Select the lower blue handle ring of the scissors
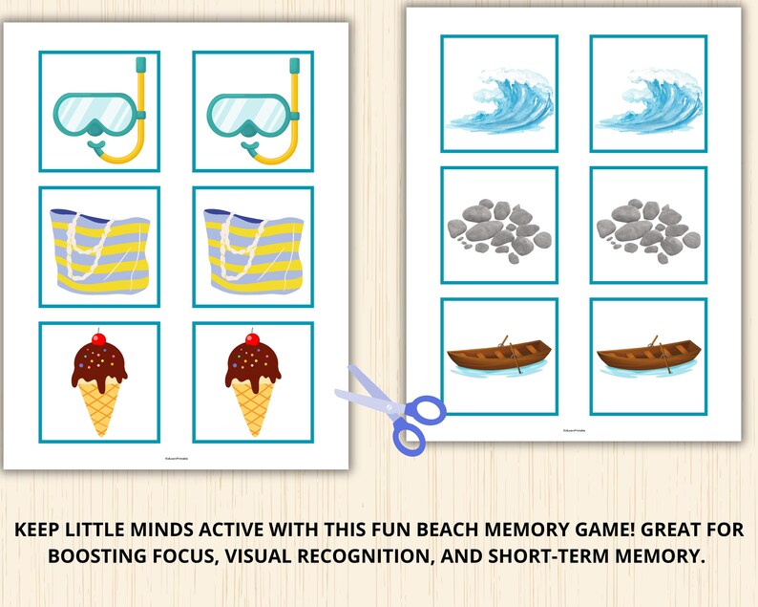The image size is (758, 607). coord(409,436)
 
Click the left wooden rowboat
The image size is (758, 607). coord(498,359)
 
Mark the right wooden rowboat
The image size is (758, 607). coord(647,359)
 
